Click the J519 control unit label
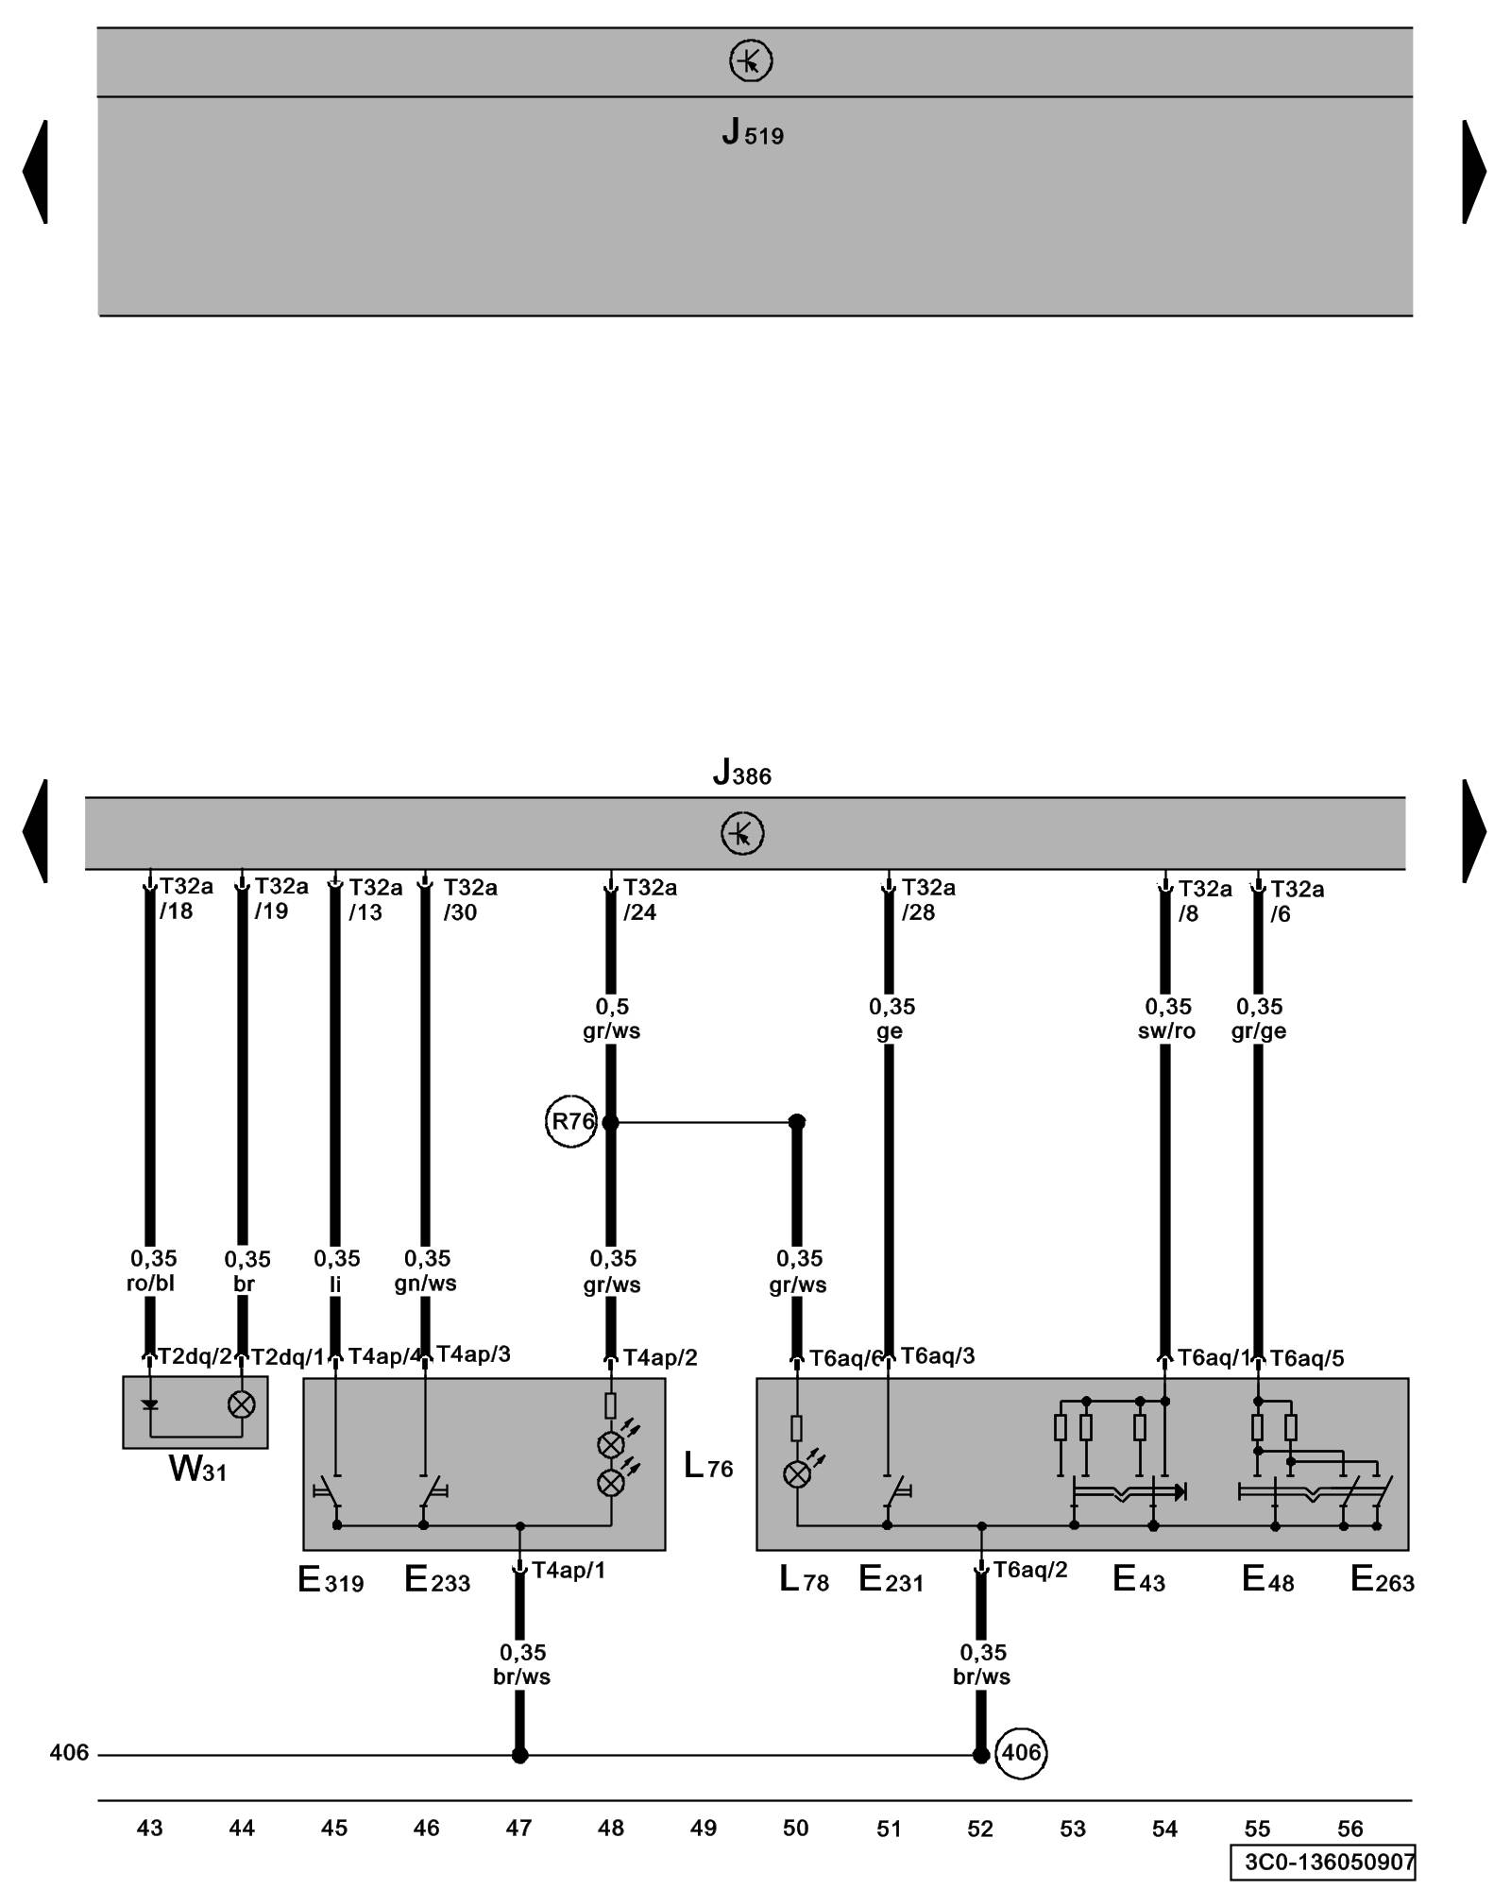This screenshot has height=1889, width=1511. click(x=753, y=133)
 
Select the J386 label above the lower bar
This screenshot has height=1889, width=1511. click(x=742, y=774)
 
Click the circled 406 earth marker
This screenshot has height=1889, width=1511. click(x=1021, y=1753)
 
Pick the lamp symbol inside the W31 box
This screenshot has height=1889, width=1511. click(x=242, y=1405)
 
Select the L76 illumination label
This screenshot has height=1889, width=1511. click(x=708, y=1467)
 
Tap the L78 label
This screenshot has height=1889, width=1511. click(x=804, y=1579)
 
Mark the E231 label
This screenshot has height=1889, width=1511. click(x=891, y=1579)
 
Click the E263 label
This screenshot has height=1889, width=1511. click(x=1382, y=1579)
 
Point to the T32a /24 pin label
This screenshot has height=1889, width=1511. click(x=650, y=900)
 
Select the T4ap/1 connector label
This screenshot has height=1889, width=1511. click(x=568, y=1571)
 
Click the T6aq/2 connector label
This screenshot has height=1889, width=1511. click(x=1029, y=1570)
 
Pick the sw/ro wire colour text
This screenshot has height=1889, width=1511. click(x=1166, y=1031)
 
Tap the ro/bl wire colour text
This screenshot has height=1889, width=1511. click(x=151, y=1284)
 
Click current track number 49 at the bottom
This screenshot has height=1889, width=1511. click(x=704, y=1829)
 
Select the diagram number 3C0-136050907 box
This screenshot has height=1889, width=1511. click(x=1323, y=1863)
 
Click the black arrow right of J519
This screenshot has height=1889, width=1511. click(x=1473, y=172)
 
